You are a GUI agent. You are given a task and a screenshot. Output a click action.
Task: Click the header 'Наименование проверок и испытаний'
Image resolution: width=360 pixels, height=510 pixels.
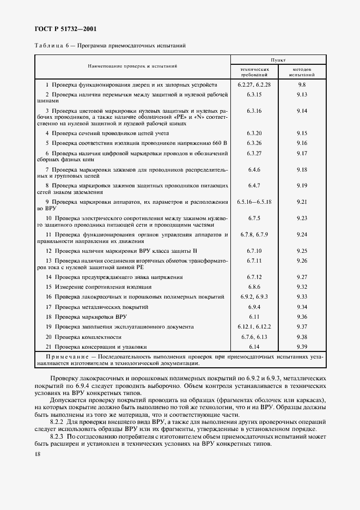pos(133,66)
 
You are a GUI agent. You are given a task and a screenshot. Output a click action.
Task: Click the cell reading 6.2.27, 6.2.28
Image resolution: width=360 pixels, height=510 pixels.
pos(254,85)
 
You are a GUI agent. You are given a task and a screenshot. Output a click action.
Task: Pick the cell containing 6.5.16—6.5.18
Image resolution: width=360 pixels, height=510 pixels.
pos(254,202)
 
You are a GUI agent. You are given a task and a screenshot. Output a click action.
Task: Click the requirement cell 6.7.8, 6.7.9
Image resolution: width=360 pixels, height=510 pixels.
pos(254,234)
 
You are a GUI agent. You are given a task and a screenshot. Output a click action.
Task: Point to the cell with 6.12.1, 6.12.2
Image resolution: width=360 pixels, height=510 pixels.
pos(254,326)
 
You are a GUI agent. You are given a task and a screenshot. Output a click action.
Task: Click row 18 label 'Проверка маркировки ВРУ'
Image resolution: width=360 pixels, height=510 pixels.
pos(90,317)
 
